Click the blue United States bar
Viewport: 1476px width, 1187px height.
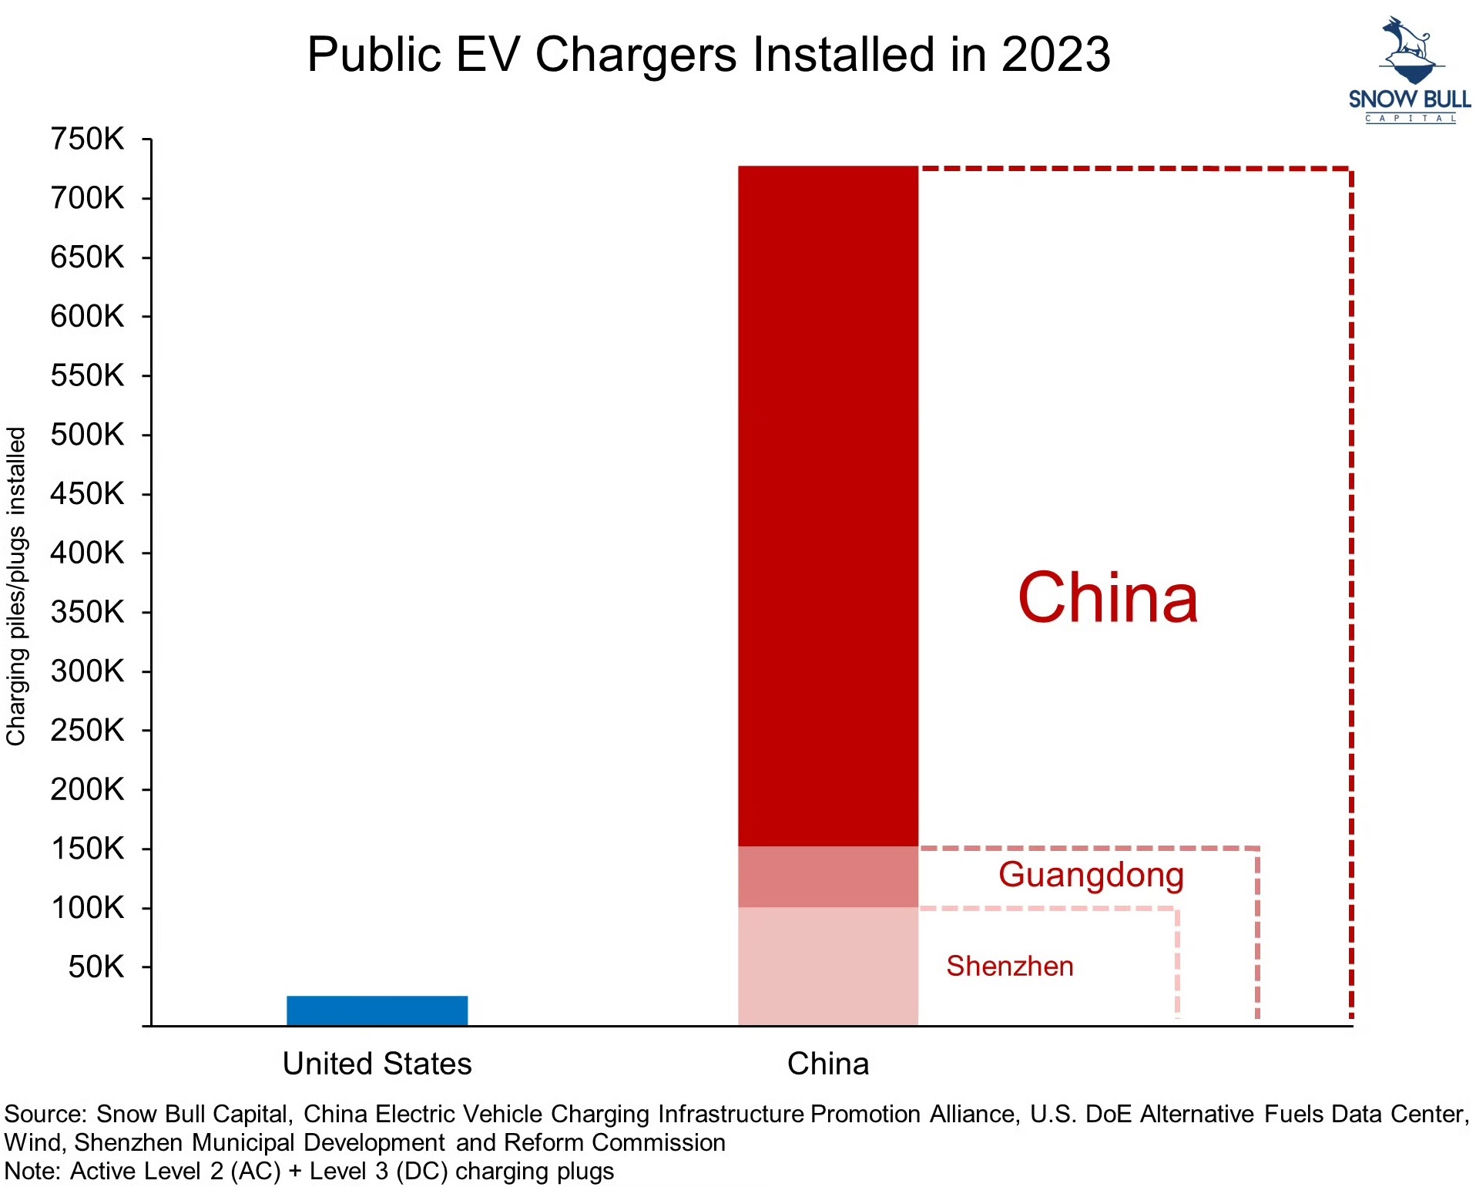point(377,1010)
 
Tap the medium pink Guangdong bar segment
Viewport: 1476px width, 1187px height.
point(827,877)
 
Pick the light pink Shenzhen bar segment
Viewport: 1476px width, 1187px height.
point(827,966)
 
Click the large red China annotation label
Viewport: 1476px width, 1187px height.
point(1107,598)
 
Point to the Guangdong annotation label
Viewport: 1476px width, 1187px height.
point(1090,875)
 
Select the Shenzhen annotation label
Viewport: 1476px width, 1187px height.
point(1009,966)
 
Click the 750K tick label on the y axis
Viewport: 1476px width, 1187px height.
point(87,140)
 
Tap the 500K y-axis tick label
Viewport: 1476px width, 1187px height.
point(87,435)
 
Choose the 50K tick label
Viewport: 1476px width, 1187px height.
point(96,967)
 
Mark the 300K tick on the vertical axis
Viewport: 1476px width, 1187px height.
point(87,671)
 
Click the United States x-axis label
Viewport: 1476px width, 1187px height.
point(377,1064)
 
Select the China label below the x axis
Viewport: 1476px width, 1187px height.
point(827,1064)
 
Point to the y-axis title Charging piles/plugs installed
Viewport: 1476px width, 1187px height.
point(16,586)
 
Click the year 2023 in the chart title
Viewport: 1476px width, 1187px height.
point(1055,55)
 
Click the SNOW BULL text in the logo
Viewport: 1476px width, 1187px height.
point(1409,99)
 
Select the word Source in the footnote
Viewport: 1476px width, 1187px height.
point(44,1115)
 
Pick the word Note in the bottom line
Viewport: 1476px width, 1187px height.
point(31,1172)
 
